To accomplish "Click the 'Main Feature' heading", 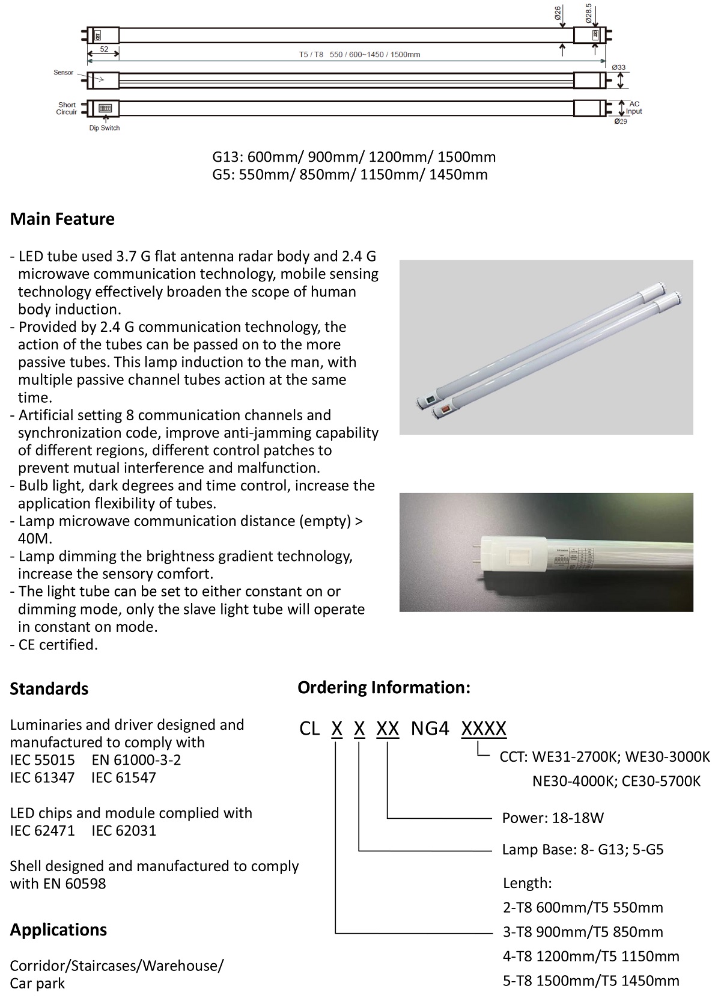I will pyautogui.click(x=62, y=219).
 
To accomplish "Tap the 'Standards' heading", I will pyautogui.click(x=49, y=688).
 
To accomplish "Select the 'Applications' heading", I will pyautogui.click(x=58, y=929).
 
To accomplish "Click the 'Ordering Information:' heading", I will pyautogui.click(x=384, y=687).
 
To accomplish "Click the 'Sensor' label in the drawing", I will pyautogui.click(x=64, y=73).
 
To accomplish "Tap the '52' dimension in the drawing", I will pyautogui.click(x=104, y=49).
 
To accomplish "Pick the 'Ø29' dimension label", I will pyautogui.click(x=621, y=121).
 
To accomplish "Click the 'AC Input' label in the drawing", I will pyautogui.click(x=634, y=108).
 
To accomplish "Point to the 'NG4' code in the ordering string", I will pyautogui.click(x=430, y=729).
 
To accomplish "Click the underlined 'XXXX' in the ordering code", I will pyautogui.click(x=484, y=729).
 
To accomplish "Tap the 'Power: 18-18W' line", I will pyautogui.click(x=553, y=818).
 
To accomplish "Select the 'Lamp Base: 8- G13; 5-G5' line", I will pyautogui.click(x=583, y=849).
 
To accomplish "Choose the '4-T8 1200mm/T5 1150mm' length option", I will pyautogui.click(x=591, y=956).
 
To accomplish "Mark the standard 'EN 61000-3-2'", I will pyautogui.click(x=136, y=759).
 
